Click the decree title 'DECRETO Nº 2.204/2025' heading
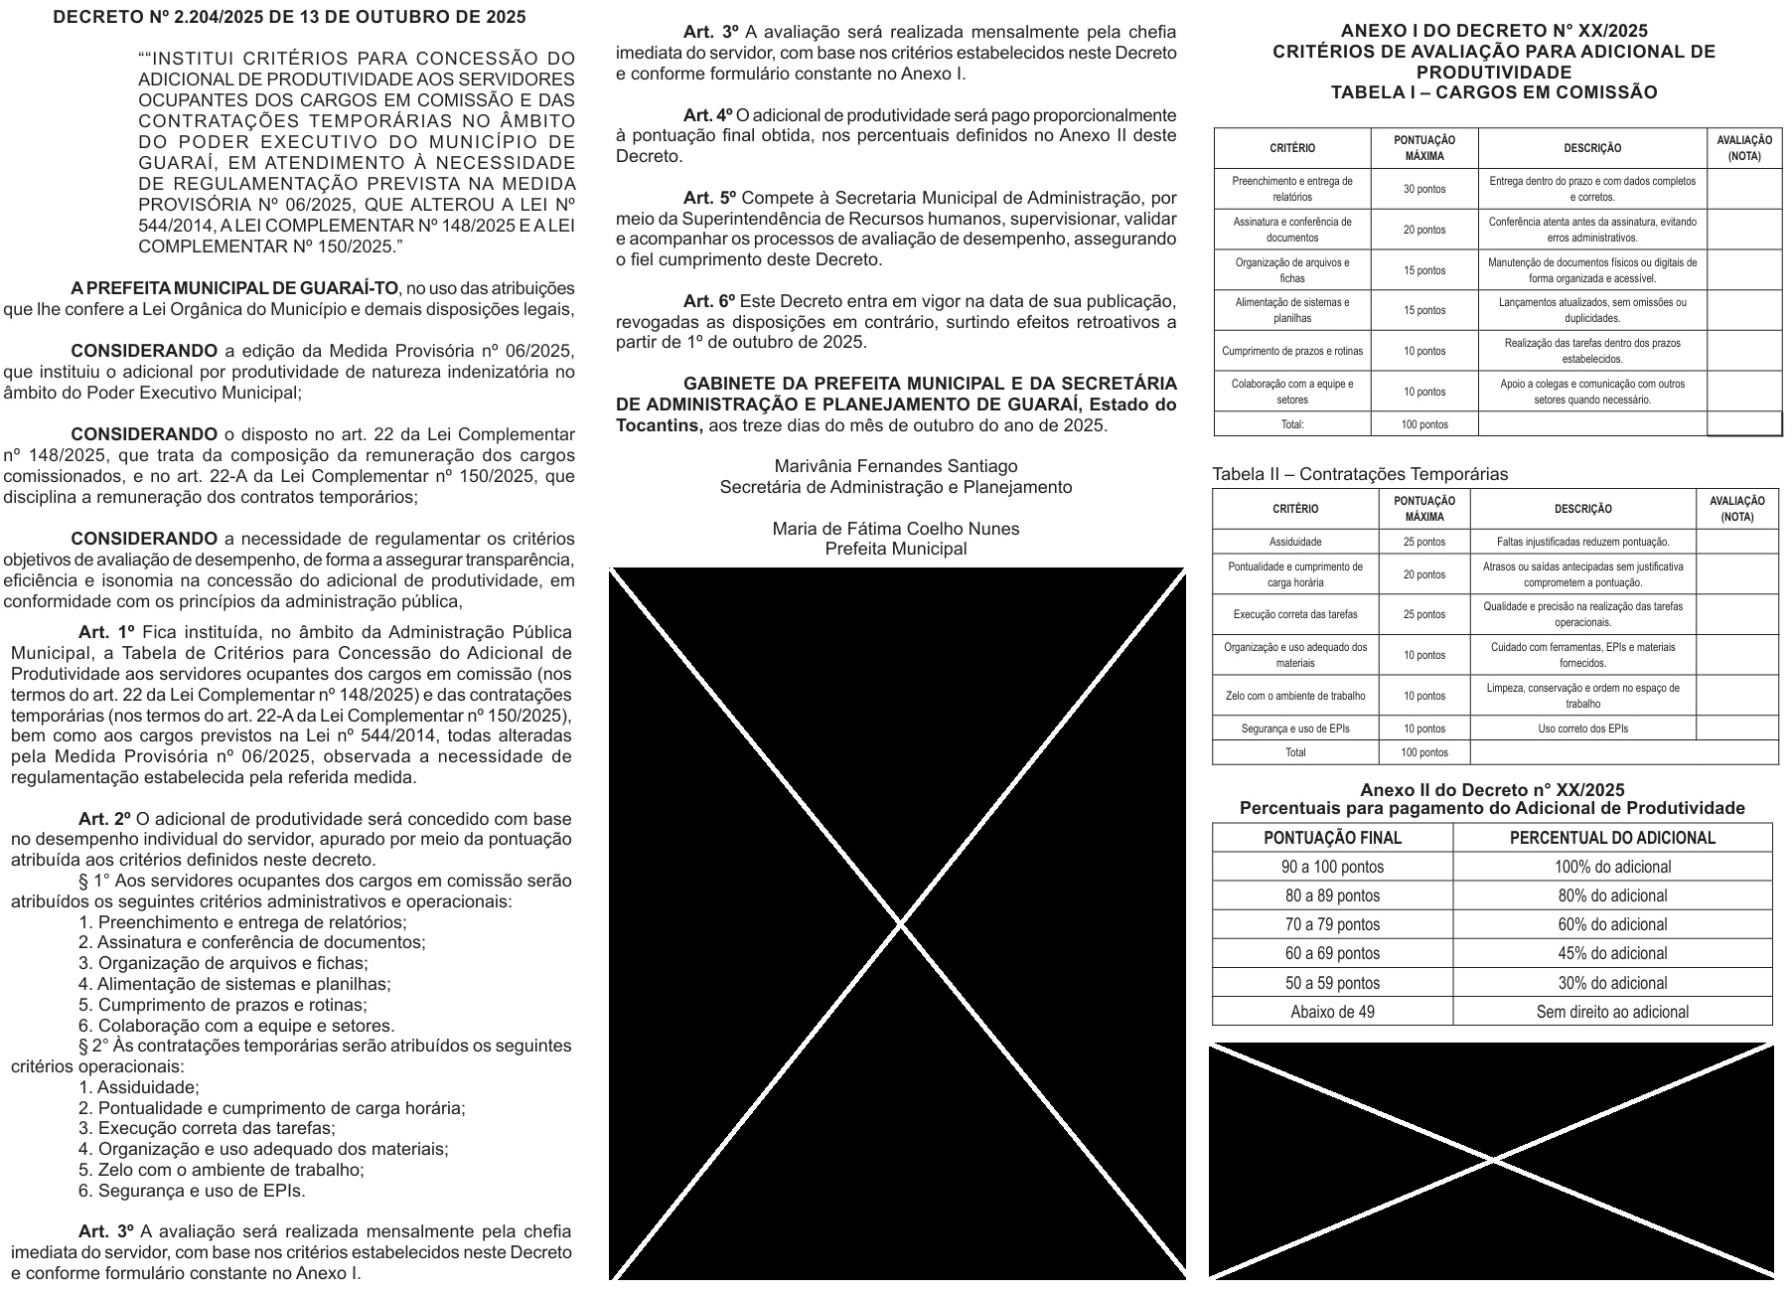pyautogui.click(x=289, y=18)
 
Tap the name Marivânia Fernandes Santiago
pyautogui.click(x=895, y=466)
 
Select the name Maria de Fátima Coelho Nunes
pyautogui.click(x=895, y=529)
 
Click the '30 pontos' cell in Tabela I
pyautogui.click(x=1424, y=189)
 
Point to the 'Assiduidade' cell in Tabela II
pyautogui.click(x=1295, y=542)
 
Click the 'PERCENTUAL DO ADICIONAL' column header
pyautogui.click(x=1612, y=838)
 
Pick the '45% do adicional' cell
pyautogui.click(x=1612, y=954)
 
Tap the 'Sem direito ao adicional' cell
pyautogui.click(x=1612, y=1012)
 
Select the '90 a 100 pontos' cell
pyautogui.click(x=1332, y=867)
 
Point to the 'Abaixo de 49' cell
pyautogui.click(x=1332, y=1012)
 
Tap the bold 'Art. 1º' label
pyautogui.click(x=106, y=632)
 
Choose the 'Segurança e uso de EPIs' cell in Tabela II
pyautogui.click(x=1295, y=728)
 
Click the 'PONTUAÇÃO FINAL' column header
pyautogui.click(x=1332, y=838)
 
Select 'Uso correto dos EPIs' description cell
pyautogui.click(x=1582, y=728)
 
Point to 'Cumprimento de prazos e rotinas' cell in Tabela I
pyautogui.click(x=1292, y=351)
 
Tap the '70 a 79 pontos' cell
pyautogui.click(x=1332, y=925)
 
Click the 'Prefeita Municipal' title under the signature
pyautogui.click(x=895, y=549)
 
